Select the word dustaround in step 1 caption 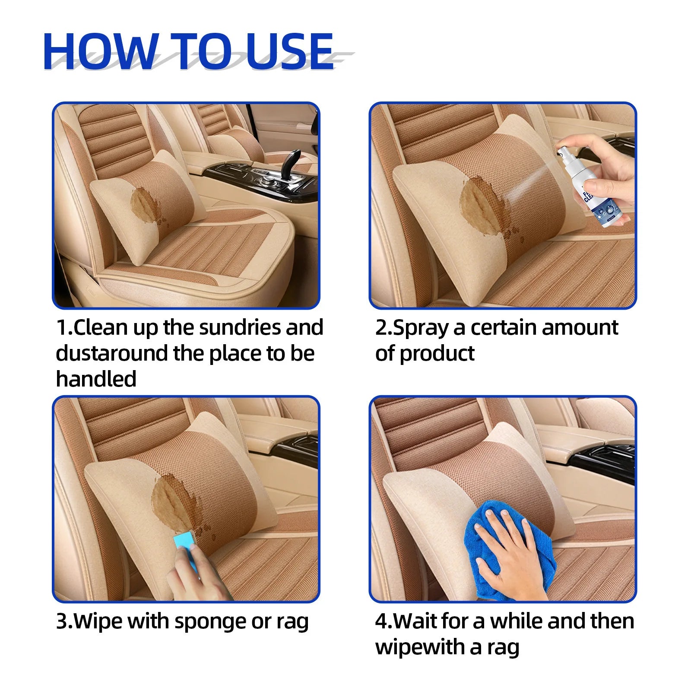pos(112,353)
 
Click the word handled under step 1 pos(96,379)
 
